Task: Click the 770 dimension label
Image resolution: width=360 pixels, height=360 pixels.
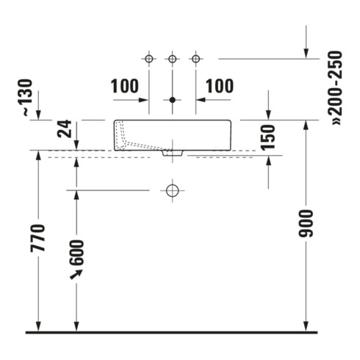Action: (38, 238)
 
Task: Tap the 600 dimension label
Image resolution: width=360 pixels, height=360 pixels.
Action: (76, 253)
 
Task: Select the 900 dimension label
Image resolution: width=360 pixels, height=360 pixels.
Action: (306, 223)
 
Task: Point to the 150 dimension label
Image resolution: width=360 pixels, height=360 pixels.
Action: (268, 137)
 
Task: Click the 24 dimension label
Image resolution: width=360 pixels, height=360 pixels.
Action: (64, 129)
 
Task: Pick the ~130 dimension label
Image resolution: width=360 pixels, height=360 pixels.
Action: (28, 98)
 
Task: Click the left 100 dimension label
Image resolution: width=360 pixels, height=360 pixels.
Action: (125, 86)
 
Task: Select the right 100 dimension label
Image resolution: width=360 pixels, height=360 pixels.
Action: (220, 86)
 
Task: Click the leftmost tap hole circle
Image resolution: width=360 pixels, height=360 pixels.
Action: (149, 59)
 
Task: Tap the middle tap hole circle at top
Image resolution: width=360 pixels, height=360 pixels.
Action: (173, 59)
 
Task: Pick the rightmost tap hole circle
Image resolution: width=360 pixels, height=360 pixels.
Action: (195, 59)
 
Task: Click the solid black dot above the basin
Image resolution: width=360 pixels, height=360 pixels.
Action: (173, 100)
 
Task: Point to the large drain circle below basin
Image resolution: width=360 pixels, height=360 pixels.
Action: (173, 190)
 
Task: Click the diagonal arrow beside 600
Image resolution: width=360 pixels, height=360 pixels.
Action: (76, 274)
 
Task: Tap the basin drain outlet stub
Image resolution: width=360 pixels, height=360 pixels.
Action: (173, 153)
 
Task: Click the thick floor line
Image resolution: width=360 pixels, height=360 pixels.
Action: (171, 332)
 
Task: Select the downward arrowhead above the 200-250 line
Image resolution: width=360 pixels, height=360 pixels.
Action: (306, 54)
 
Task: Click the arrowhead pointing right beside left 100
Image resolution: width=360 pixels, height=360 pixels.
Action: (143, 100)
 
